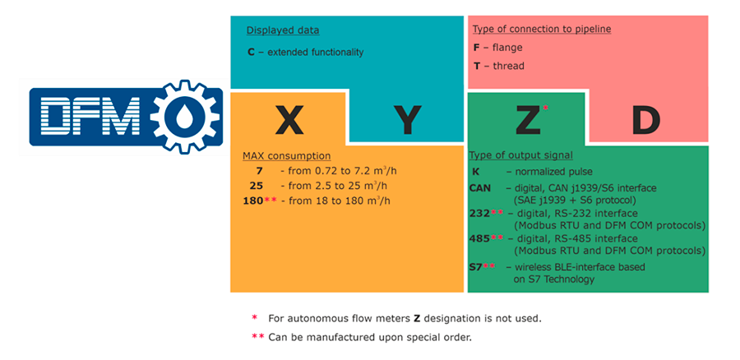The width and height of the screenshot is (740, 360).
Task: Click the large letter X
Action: click(289, 119)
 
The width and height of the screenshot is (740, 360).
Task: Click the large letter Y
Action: click(406, 120)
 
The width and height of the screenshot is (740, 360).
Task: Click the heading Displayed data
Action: click(283, 30)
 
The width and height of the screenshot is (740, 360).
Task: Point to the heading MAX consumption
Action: click(286, 155)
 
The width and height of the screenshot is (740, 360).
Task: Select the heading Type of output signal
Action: click(521, 155)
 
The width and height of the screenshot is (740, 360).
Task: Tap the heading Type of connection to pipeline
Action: click(542, 30)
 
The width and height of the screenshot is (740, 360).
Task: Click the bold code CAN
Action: click(480, 188)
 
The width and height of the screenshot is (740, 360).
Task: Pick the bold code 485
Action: click(479, 238)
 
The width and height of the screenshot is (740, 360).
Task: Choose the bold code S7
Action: click(475, 267)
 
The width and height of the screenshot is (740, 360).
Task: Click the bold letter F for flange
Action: click(476, 48)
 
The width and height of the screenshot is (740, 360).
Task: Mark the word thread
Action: click(509, 66)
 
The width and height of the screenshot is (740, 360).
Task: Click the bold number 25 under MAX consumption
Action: click(257, 186)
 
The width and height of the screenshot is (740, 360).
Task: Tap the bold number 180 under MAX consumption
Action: click(252, 201)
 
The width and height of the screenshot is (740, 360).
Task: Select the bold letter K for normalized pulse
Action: click(476, 173)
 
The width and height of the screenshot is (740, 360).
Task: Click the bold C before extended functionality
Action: click(251, 52)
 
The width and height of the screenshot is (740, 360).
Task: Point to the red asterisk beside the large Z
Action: click(546, 108)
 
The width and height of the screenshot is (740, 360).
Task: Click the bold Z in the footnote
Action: click(417, 318)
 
